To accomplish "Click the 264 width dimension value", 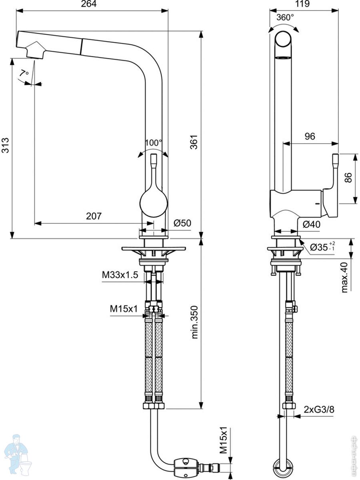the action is (89, 4).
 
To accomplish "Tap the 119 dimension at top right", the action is (302, 4).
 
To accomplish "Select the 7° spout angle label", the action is (24, 73).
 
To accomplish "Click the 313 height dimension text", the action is (5, 145).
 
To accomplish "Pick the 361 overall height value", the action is (194, 142).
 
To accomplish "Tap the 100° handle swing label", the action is (154, 143).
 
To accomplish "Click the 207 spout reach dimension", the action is (94, 216).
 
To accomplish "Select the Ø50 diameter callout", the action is (182, 223).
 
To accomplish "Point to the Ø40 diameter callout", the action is (312, 224).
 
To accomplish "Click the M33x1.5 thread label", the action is (120, 275).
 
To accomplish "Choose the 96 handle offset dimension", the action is (310, 136).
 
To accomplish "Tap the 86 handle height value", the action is (348, 177).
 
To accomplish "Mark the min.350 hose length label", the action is (194, 322).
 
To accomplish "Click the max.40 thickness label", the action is (344, 278).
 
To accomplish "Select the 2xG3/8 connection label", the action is (319, 409).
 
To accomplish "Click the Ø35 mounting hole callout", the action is (322, 247).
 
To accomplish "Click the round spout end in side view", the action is (283, 39).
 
